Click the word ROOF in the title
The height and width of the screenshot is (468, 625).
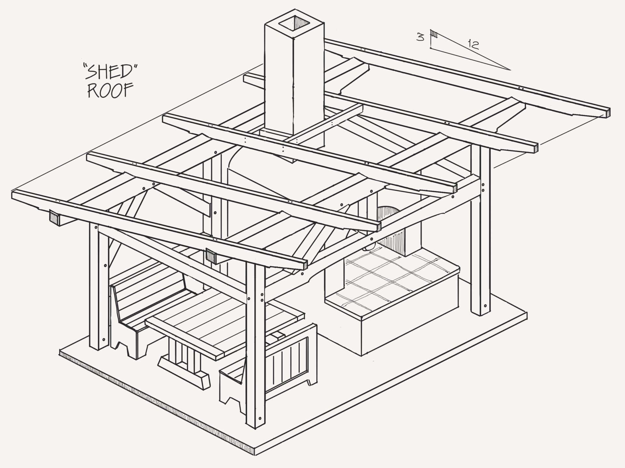pos(106,91)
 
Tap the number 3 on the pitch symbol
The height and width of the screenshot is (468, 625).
pos(420,37)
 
